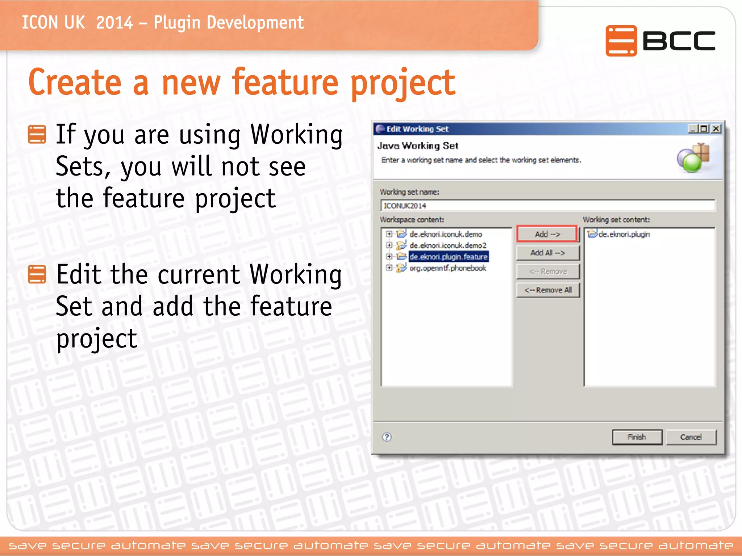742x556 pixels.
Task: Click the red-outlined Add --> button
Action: click(x=547, y=234)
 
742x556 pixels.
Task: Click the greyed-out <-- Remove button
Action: click(x=547, y=271)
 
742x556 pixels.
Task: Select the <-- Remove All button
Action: click(x=547, y=290)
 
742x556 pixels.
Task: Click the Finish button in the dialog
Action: click(x=637, y=437)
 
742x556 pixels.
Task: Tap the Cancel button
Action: click(x=691, y=437)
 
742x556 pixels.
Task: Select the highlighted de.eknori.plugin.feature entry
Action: click(x=448, y=257)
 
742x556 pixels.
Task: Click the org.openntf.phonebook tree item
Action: click(x=447, y=268)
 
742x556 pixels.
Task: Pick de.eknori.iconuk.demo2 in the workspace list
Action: click(x=447, y=245)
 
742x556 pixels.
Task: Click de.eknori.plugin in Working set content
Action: click(x=624, y=234)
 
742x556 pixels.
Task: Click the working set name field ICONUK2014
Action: click(x=547, y=206)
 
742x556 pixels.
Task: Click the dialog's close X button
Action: click(x=716, y=129)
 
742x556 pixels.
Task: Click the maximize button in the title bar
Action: click(x=704, y=129)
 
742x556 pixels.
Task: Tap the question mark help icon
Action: click(x=387, y=437)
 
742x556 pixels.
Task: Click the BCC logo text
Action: click(x=678, y=41)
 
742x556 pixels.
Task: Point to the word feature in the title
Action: click(x=285, y=83)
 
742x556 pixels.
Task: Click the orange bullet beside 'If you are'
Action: click(x=37, y=134)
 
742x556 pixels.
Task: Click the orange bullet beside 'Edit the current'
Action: click(x=37, y=274)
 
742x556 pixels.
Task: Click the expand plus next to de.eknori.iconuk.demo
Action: click(x=389, y=234)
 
